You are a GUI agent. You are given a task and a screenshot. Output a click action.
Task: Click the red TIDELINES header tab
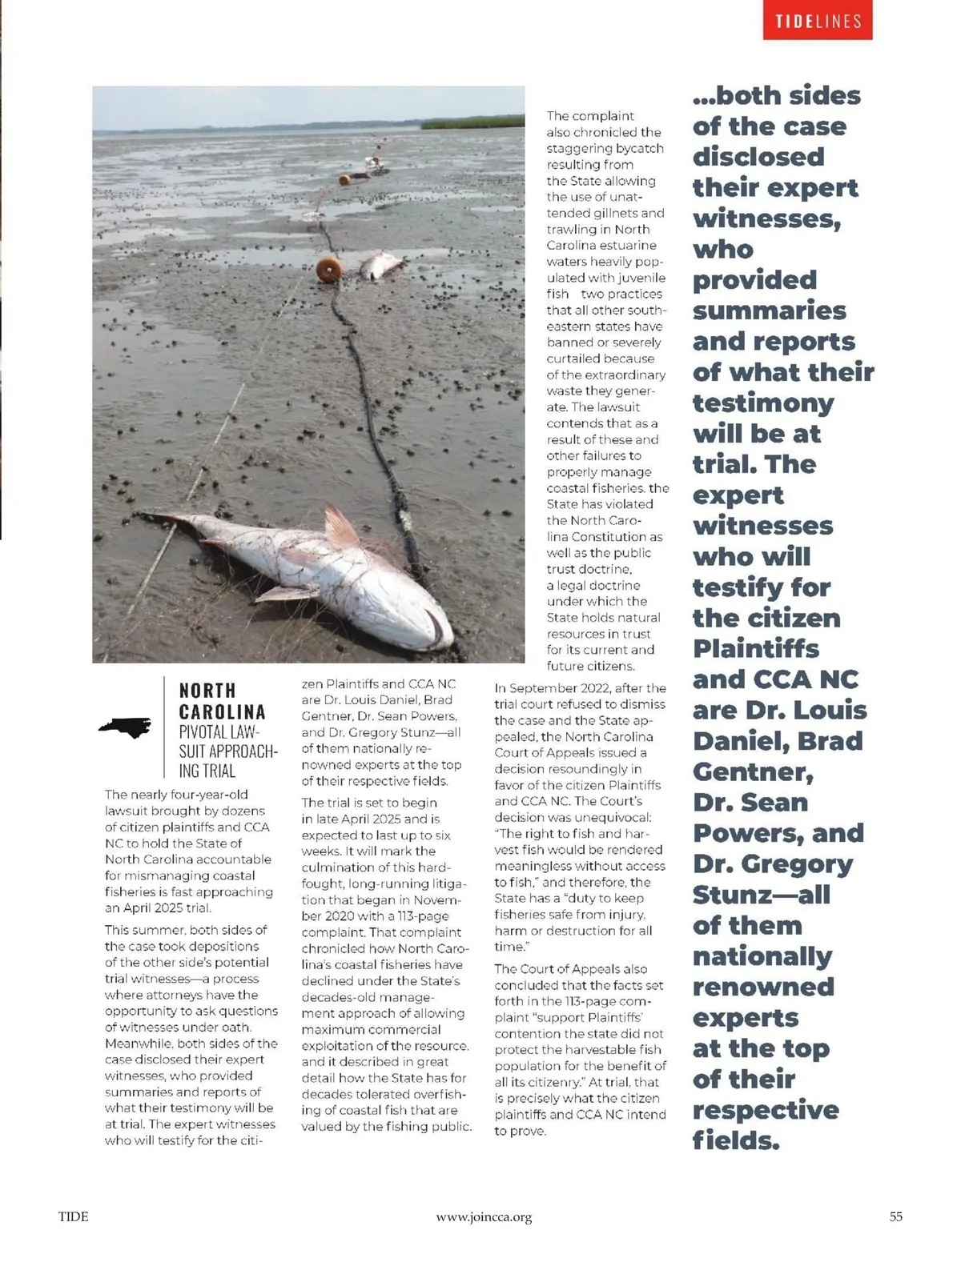pos(818,21)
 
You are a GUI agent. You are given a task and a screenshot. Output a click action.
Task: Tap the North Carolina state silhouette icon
pos(124,726)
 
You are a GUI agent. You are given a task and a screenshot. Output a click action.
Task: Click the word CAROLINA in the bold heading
pos(222,711)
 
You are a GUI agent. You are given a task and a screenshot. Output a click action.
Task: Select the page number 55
pos(895,1216)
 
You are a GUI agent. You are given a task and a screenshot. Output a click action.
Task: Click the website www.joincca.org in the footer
pos(484,1217)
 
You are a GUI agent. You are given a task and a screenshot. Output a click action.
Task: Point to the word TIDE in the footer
pos(73,1216)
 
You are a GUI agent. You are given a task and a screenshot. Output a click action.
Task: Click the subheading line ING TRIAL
pos(207,771)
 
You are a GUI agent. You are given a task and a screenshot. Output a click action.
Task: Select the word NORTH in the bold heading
pos(207,690)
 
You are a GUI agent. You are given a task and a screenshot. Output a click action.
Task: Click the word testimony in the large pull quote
pos(762,403)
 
